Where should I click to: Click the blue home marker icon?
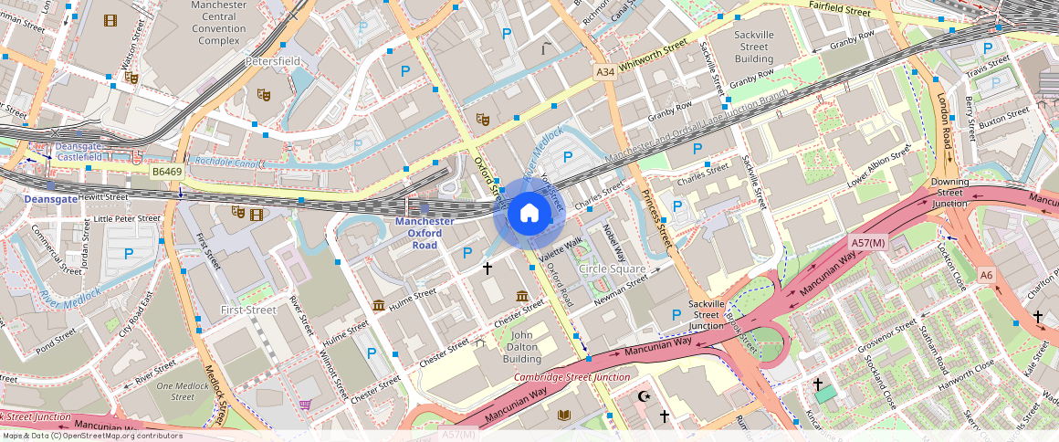point(529,214)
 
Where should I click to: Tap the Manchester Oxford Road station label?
point(425,233)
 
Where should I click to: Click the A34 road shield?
point(604,72)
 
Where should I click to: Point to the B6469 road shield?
point(168,171)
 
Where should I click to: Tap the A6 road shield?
point(986,275)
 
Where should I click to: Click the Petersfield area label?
point(272,62)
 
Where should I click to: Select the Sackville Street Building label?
point(753,47)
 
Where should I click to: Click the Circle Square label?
point(612,269)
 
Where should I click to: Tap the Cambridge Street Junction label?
point(571,377)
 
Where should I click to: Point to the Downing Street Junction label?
point(949,193)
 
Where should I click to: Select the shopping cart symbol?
point(304,405)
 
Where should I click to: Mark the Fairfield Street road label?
point(840,11)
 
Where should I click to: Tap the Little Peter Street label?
point(128,219)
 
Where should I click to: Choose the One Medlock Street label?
point(183,391)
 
